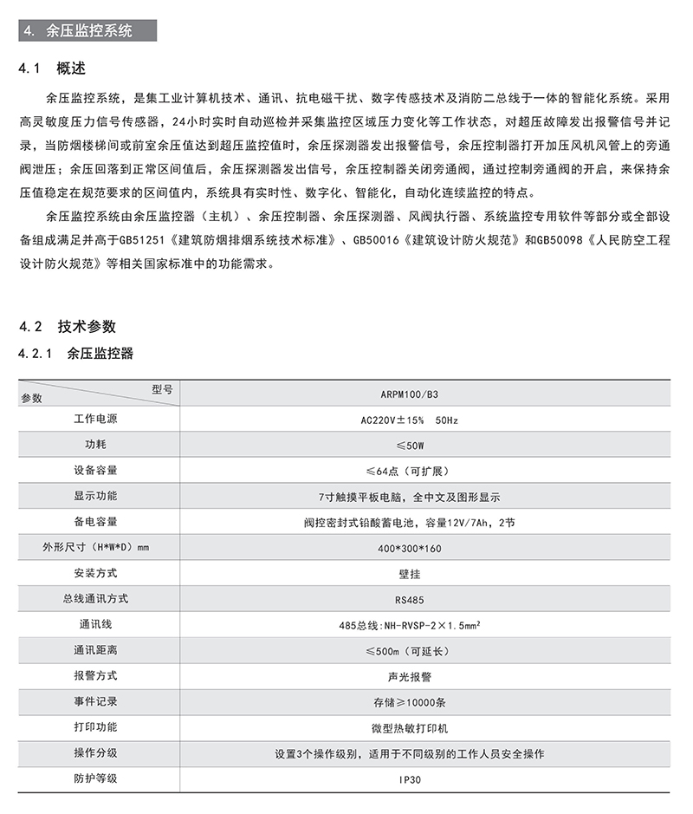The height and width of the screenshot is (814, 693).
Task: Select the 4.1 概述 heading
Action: click(53, 68)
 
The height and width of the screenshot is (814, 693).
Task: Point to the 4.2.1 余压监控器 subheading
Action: click(75, 354)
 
